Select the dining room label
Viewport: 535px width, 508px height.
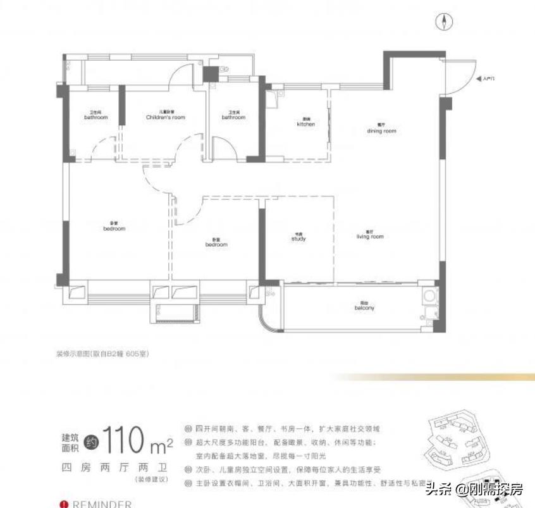[x=381, y=129]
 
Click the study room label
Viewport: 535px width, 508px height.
[x=298, y=238]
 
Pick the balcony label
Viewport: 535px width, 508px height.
[x=364, y=307]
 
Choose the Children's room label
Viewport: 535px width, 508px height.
[x=166, y=116]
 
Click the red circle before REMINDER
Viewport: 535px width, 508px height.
[x=63, y=504]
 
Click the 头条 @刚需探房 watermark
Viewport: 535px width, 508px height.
[x=474, y=488]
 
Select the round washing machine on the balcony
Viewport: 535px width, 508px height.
[x=429, y=295]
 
